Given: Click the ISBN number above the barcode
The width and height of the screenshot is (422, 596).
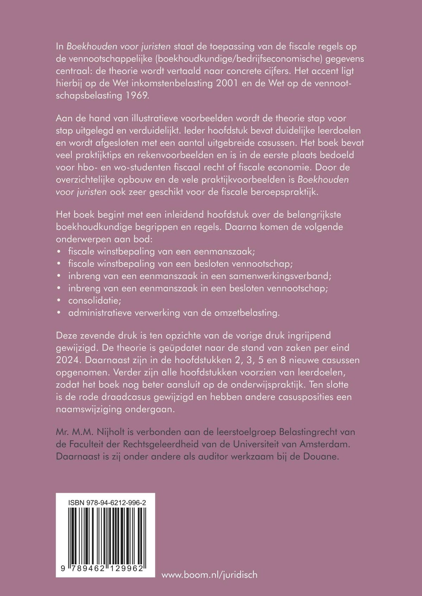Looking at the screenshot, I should [107, 503].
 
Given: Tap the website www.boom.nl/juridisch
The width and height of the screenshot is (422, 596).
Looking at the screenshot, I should [209, 575].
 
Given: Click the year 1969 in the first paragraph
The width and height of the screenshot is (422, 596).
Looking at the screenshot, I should [137, 95].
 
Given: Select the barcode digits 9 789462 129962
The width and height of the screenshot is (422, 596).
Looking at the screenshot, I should [102, 569].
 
